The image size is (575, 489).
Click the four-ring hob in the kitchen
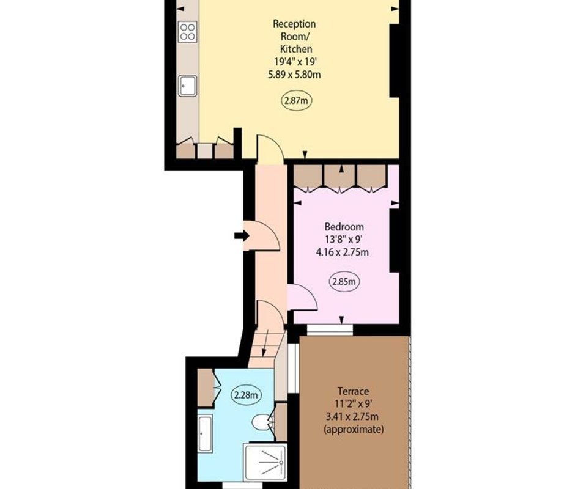[x=187, y=31]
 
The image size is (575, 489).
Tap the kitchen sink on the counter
[x=187, y=86]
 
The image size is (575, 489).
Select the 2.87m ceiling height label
[x=296, y=100]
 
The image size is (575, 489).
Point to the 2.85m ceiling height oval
[x=344, y=282]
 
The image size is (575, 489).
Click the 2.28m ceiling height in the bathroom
[x=247, y=395]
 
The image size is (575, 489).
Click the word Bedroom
[x=344, y=227]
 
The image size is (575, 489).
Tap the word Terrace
[x=353, y=391]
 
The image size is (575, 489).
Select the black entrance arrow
[x=242, y=235]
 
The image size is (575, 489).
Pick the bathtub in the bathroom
[x=205, y=434]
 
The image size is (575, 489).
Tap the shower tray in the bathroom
[x=265, y=461]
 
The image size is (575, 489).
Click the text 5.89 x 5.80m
[x=294, y=75]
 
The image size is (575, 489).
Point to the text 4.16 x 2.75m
[x=343, y=252]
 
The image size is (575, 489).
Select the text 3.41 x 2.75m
[x=352, y=417]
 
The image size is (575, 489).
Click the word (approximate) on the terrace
[x=354, y=429]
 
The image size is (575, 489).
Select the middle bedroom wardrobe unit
[x=340, y=178]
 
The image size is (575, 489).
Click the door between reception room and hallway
[x=270, y=149]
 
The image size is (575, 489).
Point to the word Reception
[x=294, y=24]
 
